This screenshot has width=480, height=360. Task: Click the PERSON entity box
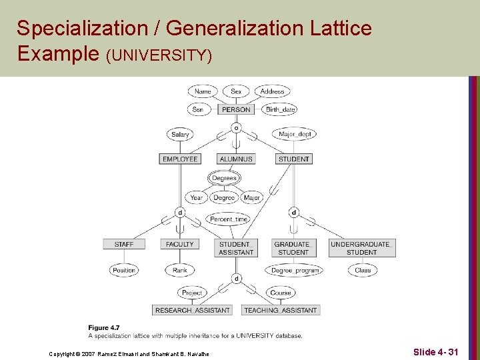coord(236,109)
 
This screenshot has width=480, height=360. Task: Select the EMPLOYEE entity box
coord(180,159)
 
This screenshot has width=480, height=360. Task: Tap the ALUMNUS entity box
coord(236,159)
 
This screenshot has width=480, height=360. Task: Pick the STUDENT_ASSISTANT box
coord(236,248)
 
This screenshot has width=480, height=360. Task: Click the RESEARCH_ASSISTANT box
coord(193,310)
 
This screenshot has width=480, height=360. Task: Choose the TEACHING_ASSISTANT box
coord(281,310)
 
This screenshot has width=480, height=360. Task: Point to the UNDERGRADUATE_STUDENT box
coord(361,248)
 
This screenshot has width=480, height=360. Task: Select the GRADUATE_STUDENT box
coord(293,248)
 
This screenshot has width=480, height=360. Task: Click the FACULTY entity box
coord(180,245)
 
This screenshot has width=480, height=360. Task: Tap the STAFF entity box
coord(124,245)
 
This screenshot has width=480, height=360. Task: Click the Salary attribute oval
coord(180,135)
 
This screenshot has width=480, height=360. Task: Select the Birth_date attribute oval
coord(280,109)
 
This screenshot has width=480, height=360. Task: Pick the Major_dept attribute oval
coord(295,135)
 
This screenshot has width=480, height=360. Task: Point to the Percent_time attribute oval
coord(229,219)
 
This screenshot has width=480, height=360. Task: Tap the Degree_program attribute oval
coord(295,270)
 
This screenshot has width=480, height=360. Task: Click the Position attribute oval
coord(124,270)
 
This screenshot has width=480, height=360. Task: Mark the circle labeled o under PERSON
coord(236,127)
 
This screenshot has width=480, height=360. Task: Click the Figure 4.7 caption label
coord(104,327)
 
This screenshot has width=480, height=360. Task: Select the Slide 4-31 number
coord(435,351)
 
